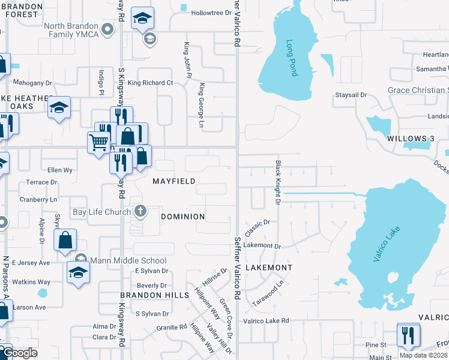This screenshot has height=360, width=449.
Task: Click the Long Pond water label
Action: pyautogui.click(x=291, y=58)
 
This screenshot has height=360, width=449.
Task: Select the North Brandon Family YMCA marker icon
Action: pyautogui.click(x=108, y=29)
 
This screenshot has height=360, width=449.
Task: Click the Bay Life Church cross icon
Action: pyautogui.click(x=140, y=211)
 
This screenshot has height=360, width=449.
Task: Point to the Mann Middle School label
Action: pyautogui.click(x=128, y=260)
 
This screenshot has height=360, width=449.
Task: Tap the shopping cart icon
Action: pyautogui.click(x=98, y=143)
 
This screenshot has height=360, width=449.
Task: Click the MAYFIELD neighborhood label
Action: pyautogui.click(x=173, y=181)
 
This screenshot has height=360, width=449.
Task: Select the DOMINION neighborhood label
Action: pyautogui.click(x=183, y=216)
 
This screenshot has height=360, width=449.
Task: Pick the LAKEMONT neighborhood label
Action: pyautogui.click(x=268, y=267)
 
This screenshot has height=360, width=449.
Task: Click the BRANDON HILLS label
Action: pyautogui.click(x=155, y=295)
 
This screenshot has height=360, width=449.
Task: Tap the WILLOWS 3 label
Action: pyautogui.click(x=411, y=139)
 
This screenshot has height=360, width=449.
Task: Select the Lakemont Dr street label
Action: pyautogui.click(x=262, y=245)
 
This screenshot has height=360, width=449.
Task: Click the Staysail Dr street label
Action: pyautogui.click(x=351, y=95)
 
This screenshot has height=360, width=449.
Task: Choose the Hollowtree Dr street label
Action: pyautogui.click(x=211, y=13)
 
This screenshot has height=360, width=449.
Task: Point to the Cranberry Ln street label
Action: pyautogui.click(x=38, y=199)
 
